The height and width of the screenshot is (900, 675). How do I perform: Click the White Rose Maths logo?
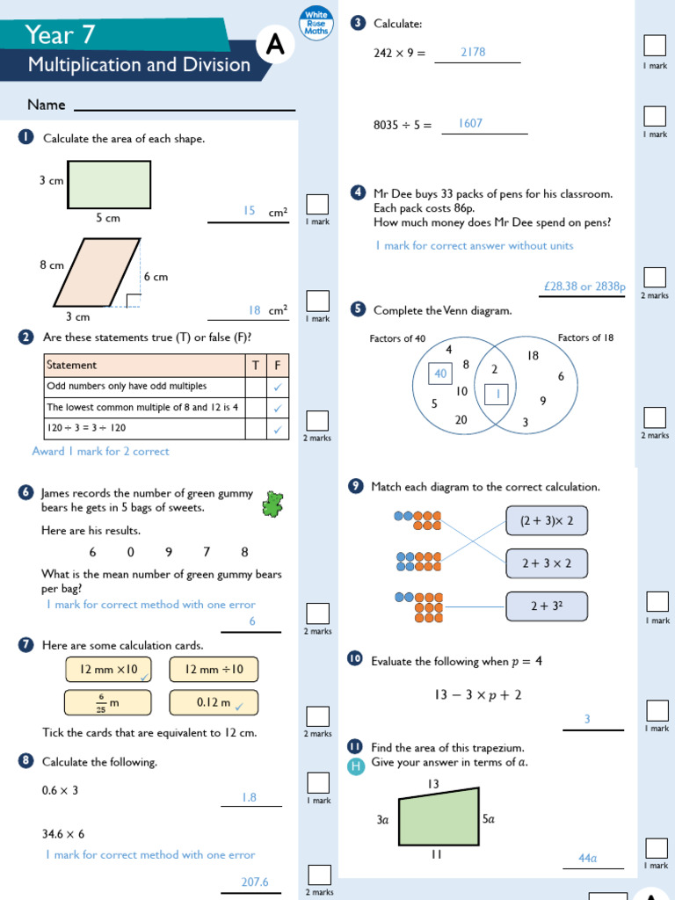pos(316,24)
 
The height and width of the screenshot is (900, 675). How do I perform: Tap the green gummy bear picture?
pos(273,504)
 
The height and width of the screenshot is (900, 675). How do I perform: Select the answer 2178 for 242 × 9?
pos(473,53)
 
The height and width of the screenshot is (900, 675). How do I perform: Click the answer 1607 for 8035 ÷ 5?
pos(470,124)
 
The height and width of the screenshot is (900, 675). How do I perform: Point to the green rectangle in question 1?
pos(109,184)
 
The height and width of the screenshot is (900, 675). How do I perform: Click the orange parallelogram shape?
pos(97,272)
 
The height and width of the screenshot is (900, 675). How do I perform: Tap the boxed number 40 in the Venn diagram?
pos(440,374)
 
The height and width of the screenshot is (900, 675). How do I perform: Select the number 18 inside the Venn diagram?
pos(533,356)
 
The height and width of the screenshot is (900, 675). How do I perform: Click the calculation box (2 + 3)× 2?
pos(546,520)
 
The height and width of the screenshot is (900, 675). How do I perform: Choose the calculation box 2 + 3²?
pos(546,606)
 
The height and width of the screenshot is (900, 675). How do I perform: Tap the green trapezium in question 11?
pos(439,817)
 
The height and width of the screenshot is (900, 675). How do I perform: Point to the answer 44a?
pos(587,858)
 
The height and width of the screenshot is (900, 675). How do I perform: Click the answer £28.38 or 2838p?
pos(584,287)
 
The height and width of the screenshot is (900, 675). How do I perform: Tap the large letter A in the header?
pos(275,47)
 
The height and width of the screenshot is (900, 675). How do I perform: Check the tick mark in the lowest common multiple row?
pos(278,408)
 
